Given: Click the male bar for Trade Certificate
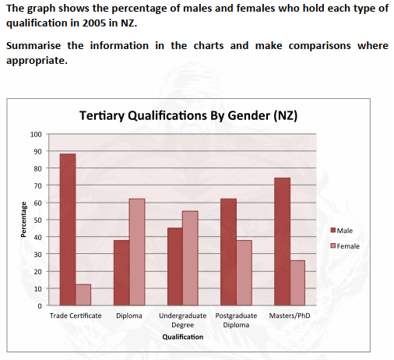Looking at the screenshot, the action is (68, 229).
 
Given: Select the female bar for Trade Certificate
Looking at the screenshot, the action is (83, 295).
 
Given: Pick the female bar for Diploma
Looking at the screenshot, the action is (137, 252).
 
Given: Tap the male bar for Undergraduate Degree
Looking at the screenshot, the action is (175, 266).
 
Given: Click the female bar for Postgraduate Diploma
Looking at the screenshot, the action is (244, 273).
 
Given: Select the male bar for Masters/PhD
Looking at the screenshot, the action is (282, 242).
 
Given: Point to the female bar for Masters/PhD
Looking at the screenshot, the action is (297, 283).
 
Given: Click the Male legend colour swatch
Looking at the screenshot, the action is (333, 230).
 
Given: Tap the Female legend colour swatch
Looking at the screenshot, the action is (333, 245).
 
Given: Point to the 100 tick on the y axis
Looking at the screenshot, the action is (36, 134).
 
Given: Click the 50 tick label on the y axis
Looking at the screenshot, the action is (38, 220).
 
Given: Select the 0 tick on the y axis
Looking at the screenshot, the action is (40, 306).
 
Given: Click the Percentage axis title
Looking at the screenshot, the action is (23, 220).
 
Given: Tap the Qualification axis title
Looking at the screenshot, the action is (183, 337).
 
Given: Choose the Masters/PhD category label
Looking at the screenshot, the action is (290, 316).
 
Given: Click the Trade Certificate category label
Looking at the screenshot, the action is (76, 316).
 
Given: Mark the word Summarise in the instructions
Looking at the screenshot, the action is (33, 46).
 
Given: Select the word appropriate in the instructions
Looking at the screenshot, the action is (37, 61).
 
